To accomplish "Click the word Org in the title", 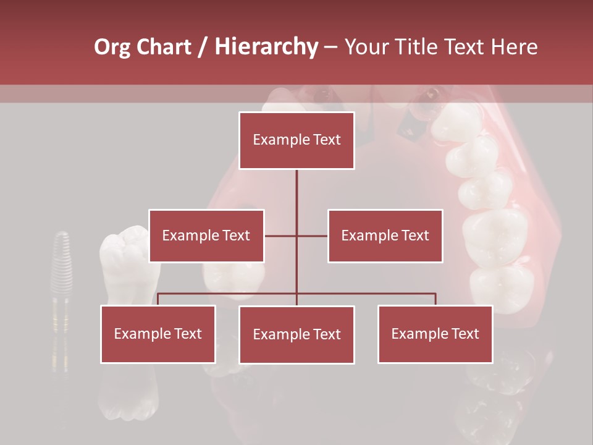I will pyautogui.click(x=113, y=47).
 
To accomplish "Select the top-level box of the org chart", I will pyautogui.click(x=296, y=140).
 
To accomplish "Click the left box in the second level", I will pyautogui.click(x=206, y=235).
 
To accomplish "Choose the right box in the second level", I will pyautogui.click(x=385, y=235).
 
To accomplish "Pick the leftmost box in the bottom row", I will pyautogui.click(x=158, y=334).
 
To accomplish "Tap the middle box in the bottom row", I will pyautogui.click(x=296, y=334).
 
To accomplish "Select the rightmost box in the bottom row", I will pyautogui.click(x=435, y=334).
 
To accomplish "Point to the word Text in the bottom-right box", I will pyautogui.click(x=465, y=334).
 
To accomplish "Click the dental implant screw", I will pyautogui.click(x=61, y=290).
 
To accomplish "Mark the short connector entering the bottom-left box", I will pyautogui.click(x=158, y=299).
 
